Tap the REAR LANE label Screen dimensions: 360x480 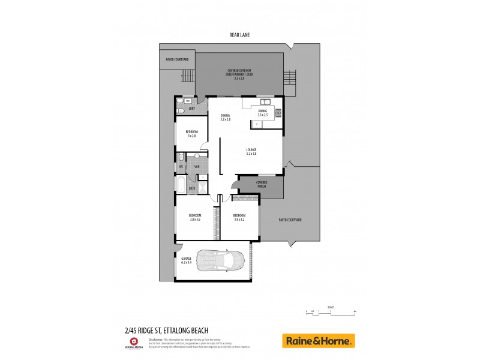pyautogui.click(x=239, y=35)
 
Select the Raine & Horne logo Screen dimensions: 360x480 pyautogui.click(x=319, y=341)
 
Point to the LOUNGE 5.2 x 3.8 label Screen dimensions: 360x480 pyautogui.click(x=251, y=152)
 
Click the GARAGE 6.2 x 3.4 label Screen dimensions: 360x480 pyautogui.click(x=186, y=260)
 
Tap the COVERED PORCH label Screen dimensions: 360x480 pyautogui.click(x=261, y=184)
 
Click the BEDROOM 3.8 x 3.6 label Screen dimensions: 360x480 pyautogui.click(x=195, y=217)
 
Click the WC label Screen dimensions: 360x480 pyautogui.click(x=181, y=166)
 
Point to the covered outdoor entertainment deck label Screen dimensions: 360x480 pyautogui.click(x=239, y=74)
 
